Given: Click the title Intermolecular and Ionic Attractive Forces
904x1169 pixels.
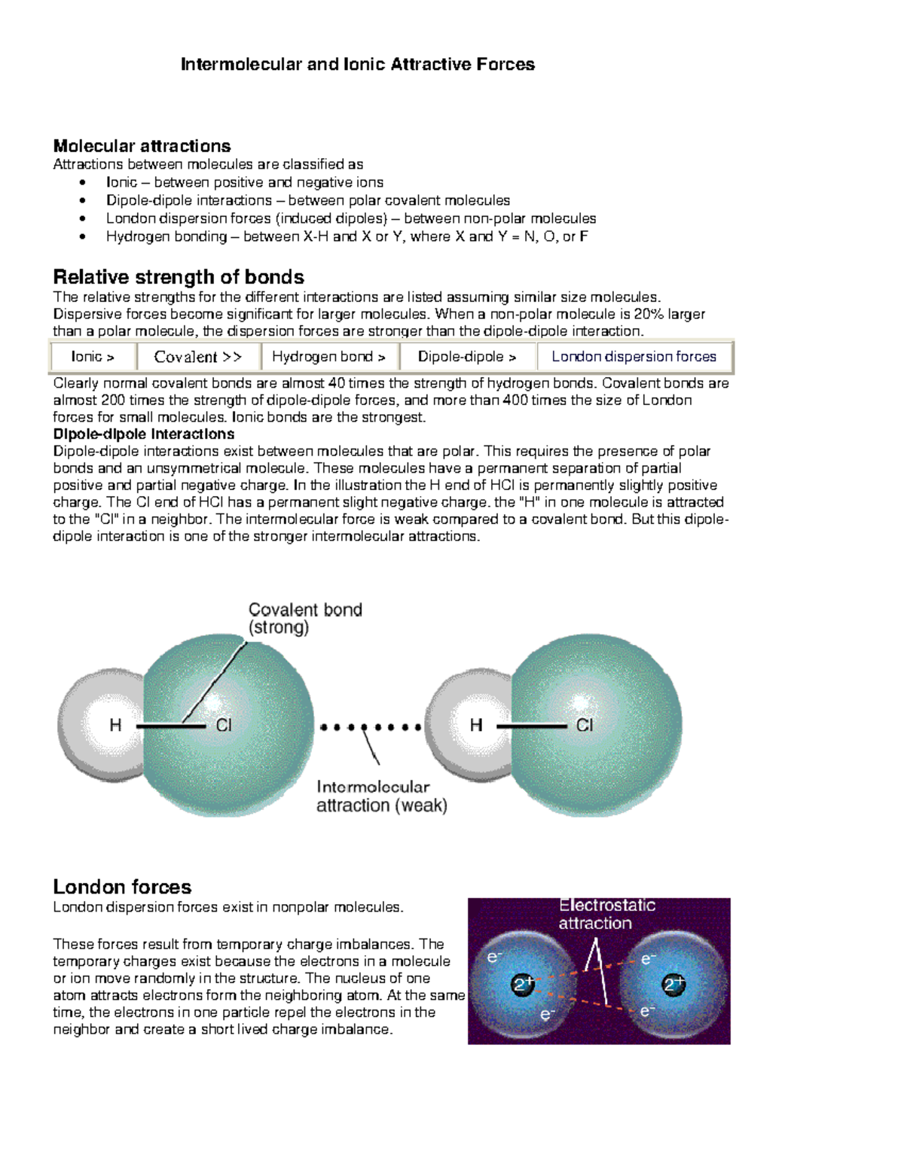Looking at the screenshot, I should pyautogui.click(x=358, y=65).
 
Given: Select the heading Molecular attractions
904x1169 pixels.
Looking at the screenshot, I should pyautogui.click(x=142, y=146).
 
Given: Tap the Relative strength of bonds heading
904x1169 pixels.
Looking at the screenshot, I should pyautogui.click(x=179, y=277).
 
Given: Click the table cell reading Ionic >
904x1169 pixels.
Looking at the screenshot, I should pyautogui.click(x=93, y=357).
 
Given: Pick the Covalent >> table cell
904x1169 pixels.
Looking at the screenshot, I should pyautogui.click(x=197, y=357).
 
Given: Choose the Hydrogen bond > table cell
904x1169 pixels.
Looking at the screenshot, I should pyautogui.click(x=328, y=357).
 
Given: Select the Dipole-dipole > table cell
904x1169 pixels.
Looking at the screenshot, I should pyautogui.click(x=467, y=357).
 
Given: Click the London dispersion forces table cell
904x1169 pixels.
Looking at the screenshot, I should pyautogui.click(x=634, y=357).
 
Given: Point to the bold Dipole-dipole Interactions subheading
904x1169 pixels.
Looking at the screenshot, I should pyautogui.click(x=143, y=434).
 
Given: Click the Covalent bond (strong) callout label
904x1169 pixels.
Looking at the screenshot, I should pyautogui.click(x=305, y=618).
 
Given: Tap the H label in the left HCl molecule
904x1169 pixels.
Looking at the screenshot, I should pyautogui.click(x=115, y=725).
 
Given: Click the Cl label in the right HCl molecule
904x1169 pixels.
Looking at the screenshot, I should pyautogui.click(x=585, y=725).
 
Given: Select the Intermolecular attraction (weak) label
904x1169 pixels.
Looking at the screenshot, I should pyautogui.click(x=381, y=796).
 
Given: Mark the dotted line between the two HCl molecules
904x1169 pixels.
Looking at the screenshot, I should pyautogui.click(x=370, y=727).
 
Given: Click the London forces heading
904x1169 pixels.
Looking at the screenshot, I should pyautogui.click(x=122, y=887).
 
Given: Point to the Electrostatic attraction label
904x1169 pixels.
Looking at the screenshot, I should pyautogui.click(x=606, y=914).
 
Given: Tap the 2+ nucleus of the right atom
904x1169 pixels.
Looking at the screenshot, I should pyautogui.click(x=673, y=984).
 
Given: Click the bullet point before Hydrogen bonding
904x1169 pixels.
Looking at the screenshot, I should pyautogui.click(x=82, y=237).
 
